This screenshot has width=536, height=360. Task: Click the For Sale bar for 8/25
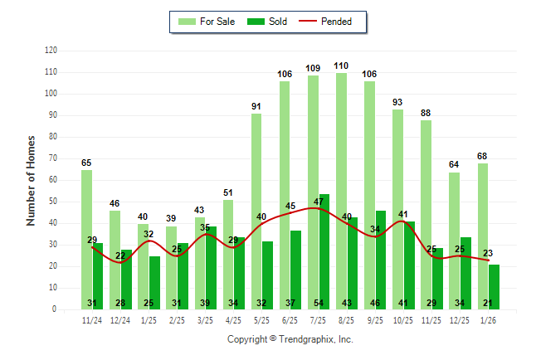click(341, 191)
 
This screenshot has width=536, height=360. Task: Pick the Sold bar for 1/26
click(494, 286)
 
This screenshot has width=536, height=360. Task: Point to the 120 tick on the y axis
click(51, 51)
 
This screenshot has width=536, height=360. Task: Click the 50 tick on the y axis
click(52, 202)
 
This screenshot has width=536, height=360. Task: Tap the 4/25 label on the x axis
click(233, 319)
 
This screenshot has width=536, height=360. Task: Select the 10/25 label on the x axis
click(403, 319)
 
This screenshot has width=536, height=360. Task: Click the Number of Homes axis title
click(31, 180)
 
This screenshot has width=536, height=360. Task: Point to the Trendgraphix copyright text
click(290, 339)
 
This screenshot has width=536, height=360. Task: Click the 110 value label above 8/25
click(341, 66)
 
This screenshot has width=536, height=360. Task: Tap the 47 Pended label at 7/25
click(319, 202)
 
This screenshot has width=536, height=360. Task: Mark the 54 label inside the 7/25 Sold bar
click(319, 303)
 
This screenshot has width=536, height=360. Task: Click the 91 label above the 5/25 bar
click(256, 106)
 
